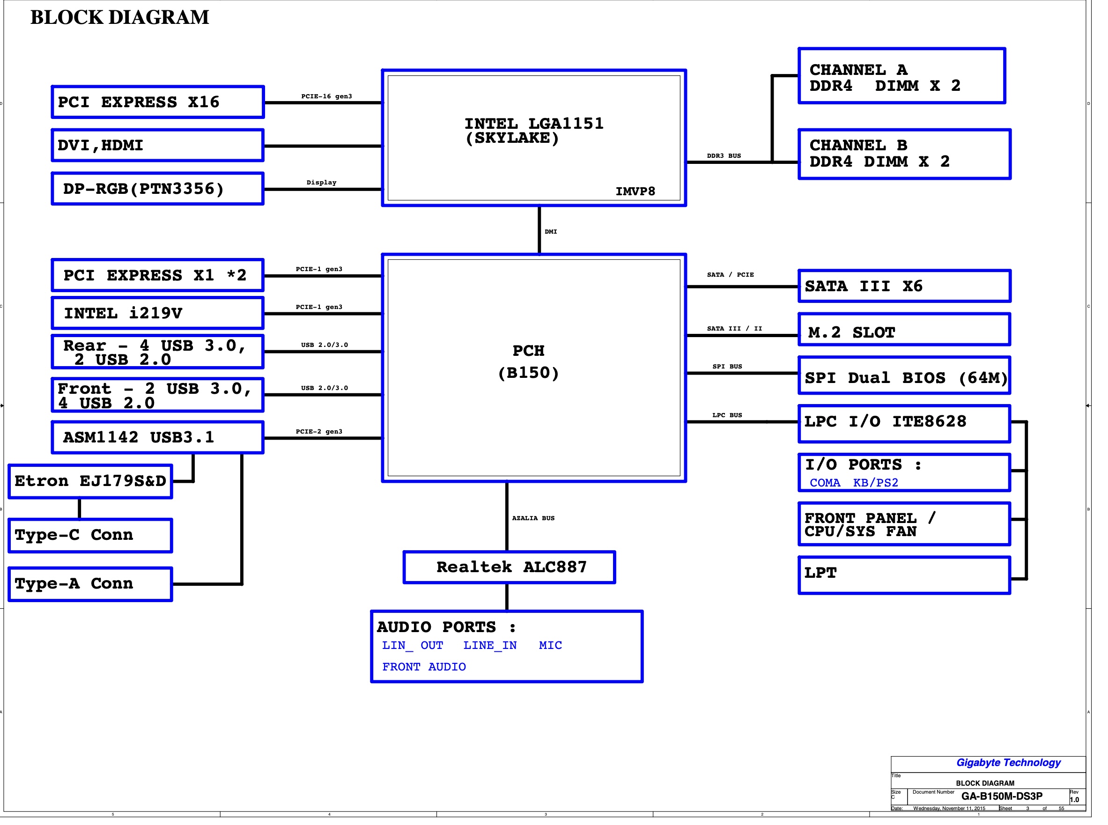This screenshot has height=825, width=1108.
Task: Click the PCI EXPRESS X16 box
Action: (157, 102)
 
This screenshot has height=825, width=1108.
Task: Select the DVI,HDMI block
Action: (157, 145)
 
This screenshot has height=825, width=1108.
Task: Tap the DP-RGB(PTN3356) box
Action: (157, 189)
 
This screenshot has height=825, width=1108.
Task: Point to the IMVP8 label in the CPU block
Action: (635, 192)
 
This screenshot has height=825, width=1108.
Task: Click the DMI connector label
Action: (551, 232)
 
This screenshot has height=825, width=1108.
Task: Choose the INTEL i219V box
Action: (157, 313)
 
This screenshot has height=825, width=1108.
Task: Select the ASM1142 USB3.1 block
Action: (157, 437)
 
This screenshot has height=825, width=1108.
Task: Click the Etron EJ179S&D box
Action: (90, 481)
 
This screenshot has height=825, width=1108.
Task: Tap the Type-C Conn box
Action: (90, 535)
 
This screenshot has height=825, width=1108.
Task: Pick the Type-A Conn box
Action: (90, 584)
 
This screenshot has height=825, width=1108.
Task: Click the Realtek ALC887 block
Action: (509, 567)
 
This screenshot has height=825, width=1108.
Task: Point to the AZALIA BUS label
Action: (533, 518)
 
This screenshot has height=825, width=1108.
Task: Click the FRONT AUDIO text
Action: (424, 667)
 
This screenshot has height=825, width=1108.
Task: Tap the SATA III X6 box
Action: (904, 286)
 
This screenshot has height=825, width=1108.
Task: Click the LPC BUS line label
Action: (727, 415)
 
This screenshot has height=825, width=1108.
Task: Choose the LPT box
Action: (904, 575)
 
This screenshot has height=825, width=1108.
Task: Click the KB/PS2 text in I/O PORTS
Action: (875, 483)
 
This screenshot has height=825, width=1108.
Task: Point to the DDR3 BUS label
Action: (724, 156)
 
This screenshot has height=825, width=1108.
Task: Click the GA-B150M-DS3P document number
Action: (1002, 796)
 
